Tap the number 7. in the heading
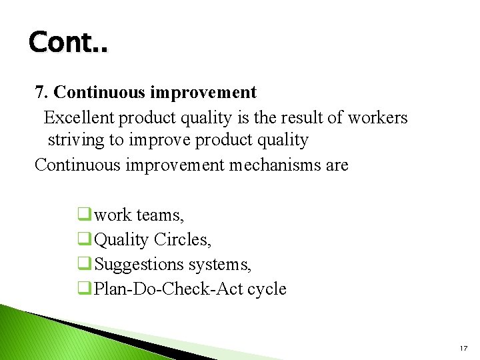(x=42, y=92)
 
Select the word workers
(x=377, y=118)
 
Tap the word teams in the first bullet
(x=160, y=215)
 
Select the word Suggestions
(x=139, y=264)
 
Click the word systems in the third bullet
(x=219, y=265)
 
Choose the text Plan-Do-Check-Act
(x=169, y=289)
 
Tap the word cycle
(x=267, y=289)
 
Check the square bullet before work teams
(x=85, y=215)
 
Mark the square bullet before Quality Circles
(x=85, y=239)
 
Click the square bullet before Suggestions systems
(x=85, y=263)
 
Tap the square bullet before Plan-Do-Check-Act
(x=85, y=288)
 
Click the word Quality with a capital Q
(x=122, y=239)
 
